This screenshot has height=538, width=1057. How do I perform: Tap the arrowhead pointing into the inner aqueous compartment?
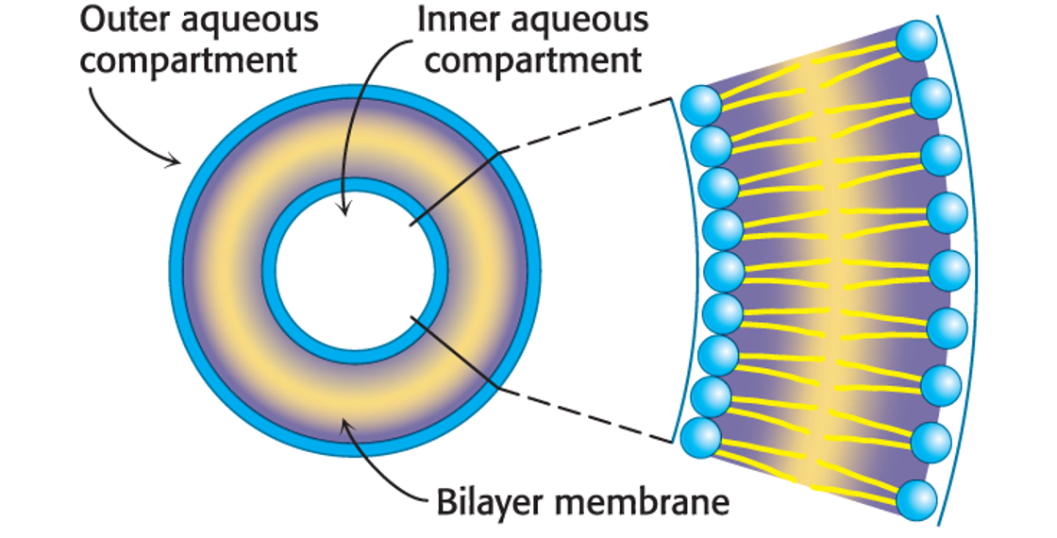(345, 210)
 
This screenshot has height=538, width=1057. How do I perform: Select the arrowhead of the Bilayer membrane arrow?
(348, 429)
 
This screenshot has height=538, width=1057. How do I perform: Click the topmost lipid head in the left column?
(699, 104)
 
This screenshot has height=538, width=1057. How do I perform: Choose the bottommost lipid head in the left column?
(699, 436)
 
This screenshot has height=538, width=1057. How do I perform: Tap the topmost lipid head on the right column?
(916, 41)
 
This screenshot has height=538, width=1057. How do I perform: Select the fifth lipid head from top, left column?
(723, 270)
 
